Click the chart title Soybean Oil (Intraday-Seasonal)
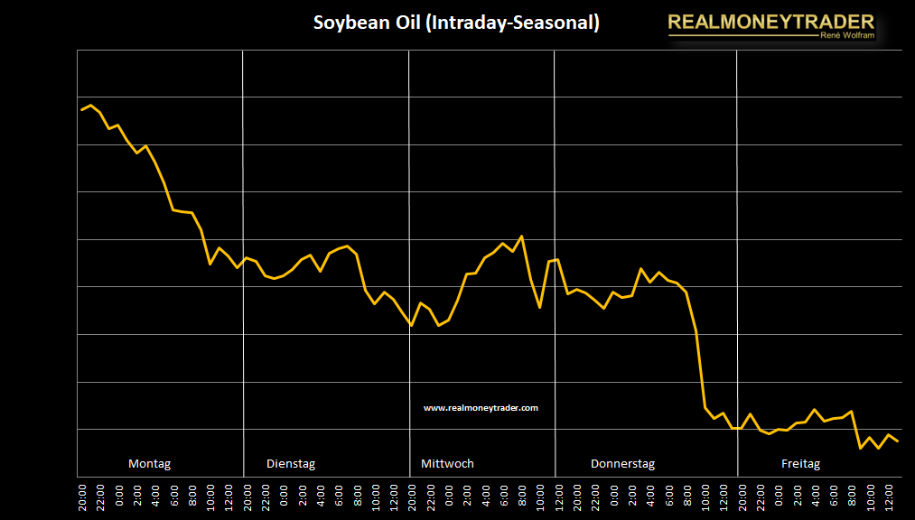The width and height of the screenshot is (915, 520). pyautogui.click(x=456, y=23)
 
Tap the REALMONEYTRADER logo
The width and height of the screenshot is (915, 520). pyautogui.click(x=770, y=22)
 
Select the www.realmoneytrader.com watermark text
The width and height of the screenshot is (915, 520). pyautogui.click(x=481, y=408)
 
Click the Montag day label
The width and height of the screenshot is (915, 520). pyautogui.click(x=149, y=464)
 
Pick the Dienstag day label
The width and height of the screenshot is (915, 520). pyautogui.click(x=291, y=464)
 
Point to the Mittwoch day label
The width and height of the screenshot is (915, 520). pyautogui.click(x=447, y=464)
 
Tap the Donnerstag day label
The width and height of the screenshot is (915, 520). pyautogui.click(x=622, y=464)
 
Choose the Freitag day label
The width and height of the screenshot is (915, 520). pyautogui.click(x=800, y=464)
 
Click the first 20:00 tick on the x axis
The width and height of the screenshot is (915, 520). pyautogui.click(x=83, y=497)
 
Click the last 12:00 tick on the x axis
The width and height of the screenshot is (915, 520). pyautogui.click(x=889, y=497)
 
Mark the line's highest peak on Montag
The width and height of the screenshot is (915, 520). pyautogui.click(x=91, y=106)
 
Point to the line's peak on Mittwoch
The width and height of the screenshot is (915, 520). pyautogui.click(x=522, y=237)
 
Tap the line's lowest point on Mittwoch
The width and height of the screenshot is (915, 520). pyautogui.click(x=412, y=325)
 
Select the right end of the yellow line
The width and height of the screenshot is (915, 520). pyautogui.click(x=897, y=441)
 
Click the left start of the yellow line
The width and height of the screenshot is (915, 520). pyautogui.click(x=82, y=110)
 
